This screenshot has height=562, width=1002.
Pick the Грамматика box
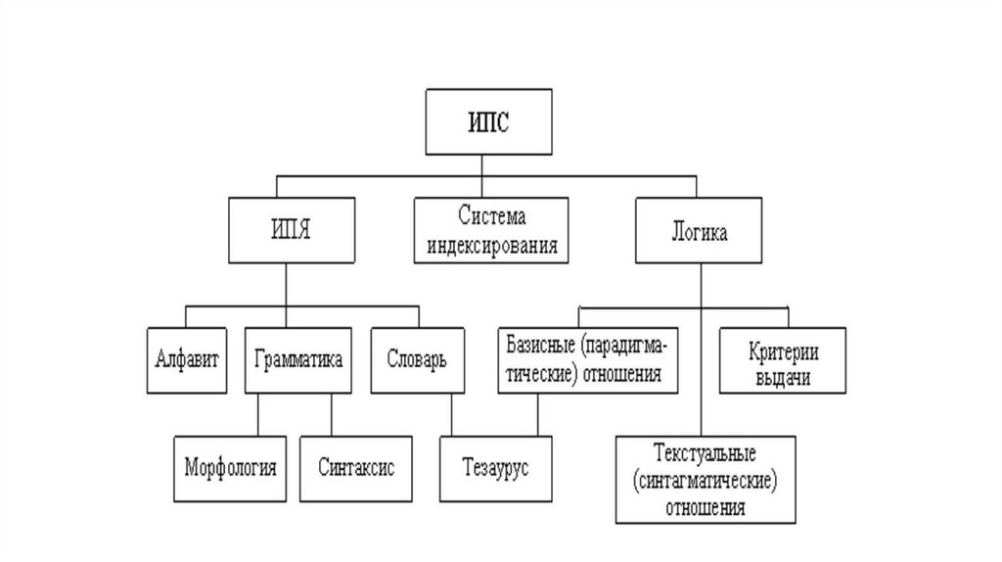coord(297,359)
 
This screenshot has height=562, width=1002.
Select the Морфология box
coord(230,467)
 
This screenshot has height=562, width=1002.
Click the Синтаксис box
coord(355,467)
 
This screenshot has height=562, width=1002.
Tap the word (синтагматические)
coord(705,481)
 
